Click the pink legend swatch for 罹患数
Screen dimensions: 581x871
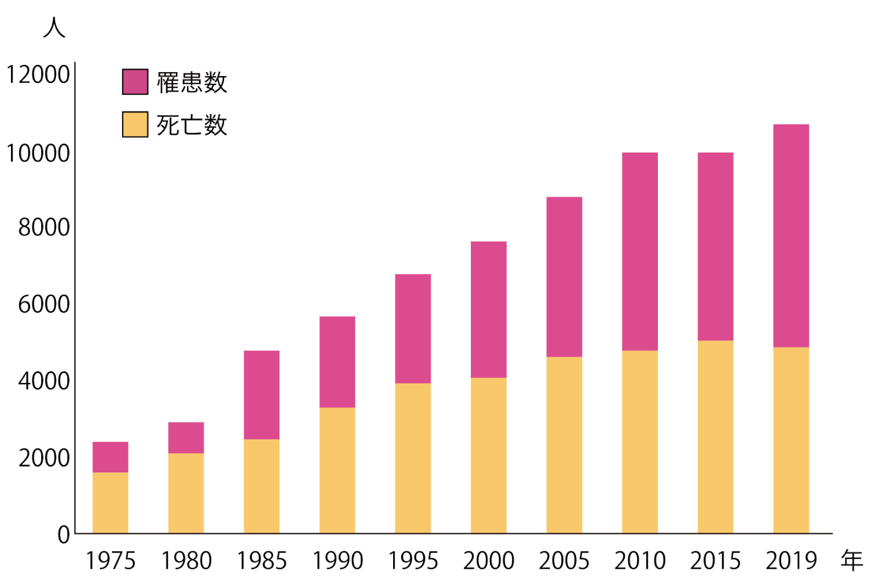[135, 81]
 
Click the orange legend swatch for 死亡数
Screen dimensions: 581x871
[135, 124]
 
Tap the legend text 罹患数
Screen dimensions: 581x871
[192, 82]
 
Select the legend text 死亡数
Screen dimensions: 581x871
[192, 125]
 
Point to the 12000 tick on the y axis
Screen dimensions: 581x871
[38, 75]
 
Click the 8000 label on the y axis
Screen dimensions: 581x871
[44, 228]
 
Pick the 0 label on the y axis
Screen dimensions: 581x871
[63, 535]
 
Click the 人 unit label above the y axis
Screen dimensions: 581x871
[54, 27]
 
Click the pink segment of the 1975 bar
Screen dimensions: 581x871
[110, 457]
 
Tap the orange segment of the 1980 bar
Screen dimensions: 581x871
[186, 493]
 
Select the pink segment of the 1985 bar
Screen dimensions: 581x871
[261, 395]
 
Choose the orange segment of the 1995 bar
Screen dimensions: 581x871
[413, 458]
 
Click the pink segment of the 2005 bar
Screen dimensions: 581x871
[564, 277]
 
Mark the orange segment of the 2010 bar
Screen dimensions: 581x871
[640, 442]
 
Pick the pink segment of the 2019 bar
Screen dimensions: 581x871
[791, 236]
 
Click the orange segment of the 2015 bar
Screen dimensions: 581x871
[715, 437]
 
